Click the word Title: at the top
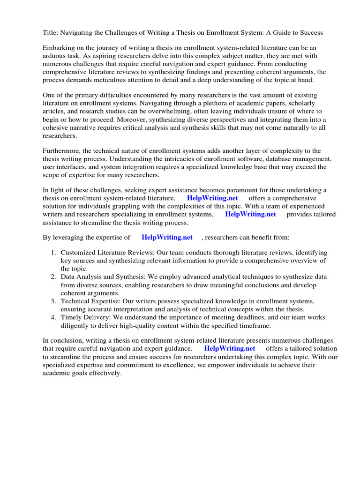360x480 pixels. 52,33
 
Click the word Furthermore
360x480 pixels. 63,151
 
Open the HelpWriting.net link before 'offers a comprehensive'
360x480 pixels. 212,198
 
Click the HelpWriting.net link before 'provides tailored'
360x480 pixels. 250,214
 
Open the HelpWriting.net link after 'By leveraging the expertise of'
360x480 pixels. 167,238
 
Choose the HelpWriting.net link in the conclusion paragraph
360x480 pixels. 230,349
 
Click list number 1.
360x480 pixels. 53,253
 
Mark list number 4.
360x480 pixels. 53,317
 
